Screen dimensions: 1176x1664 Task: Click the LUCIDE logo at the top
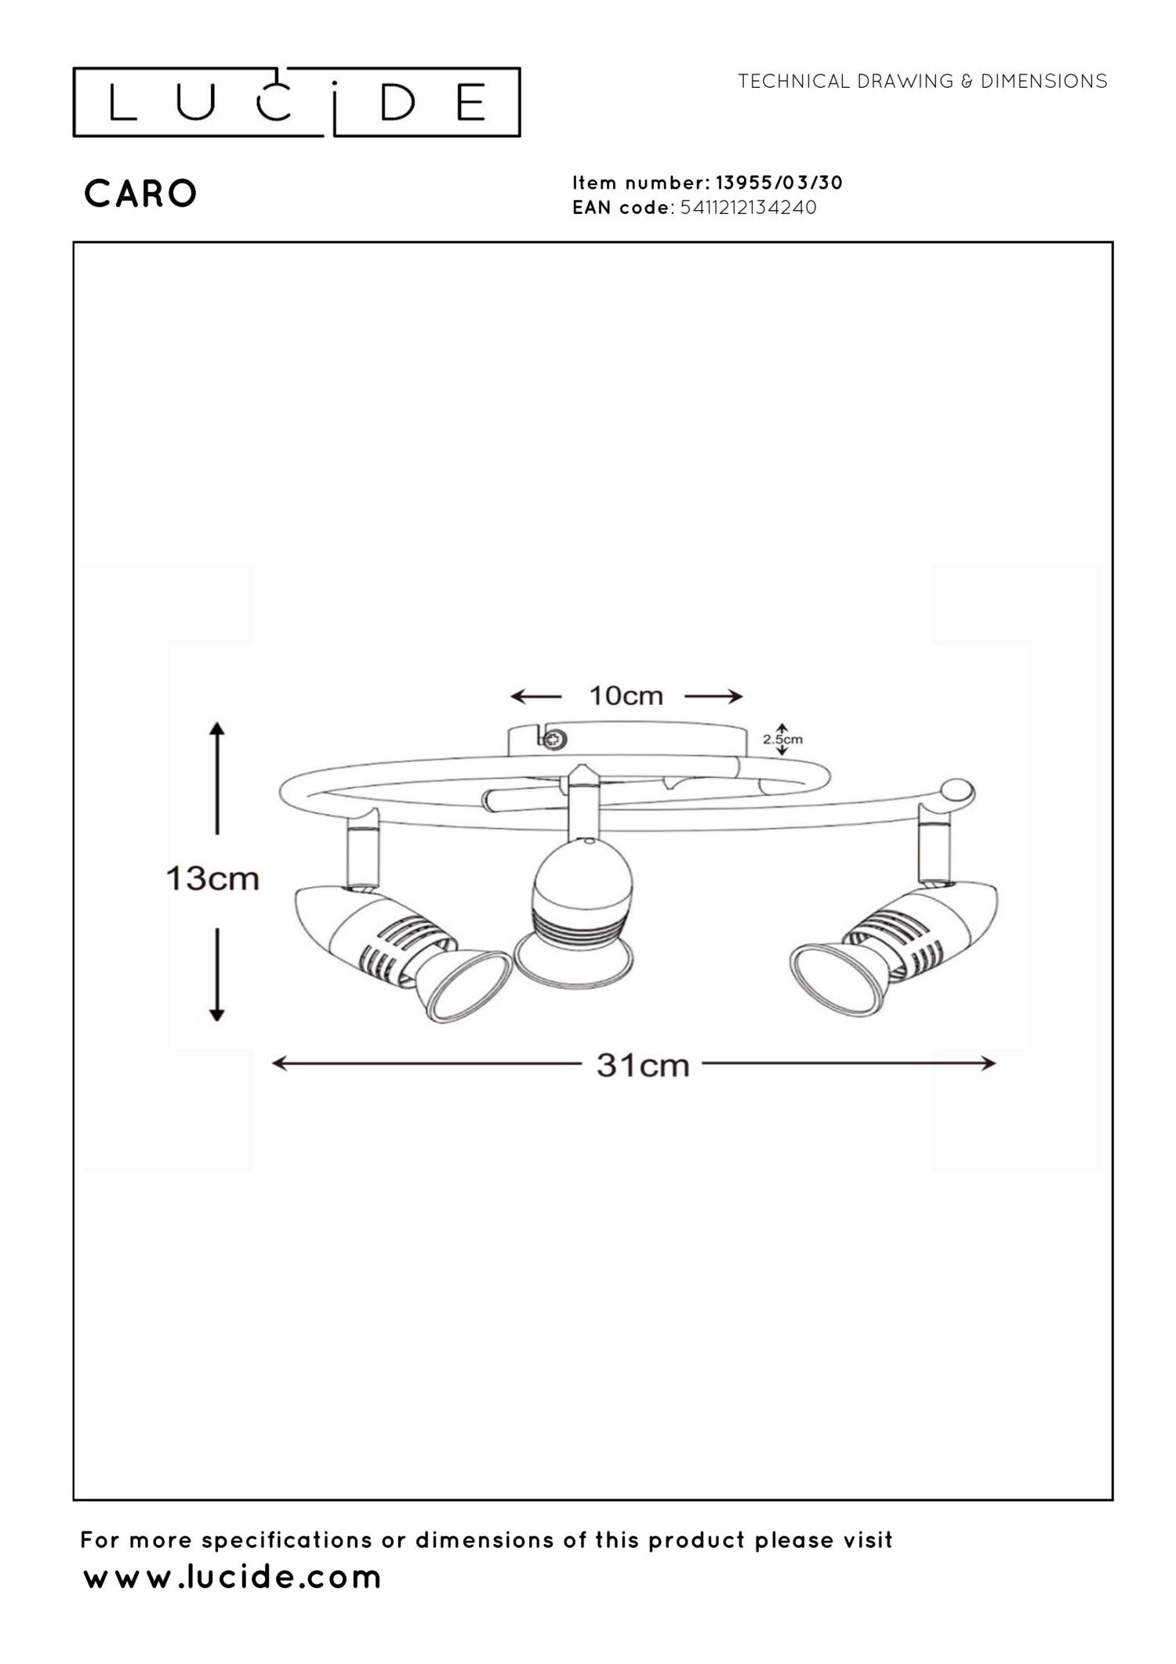click(296, 102)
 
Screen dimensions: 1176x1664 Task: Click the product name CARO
click(140, 194)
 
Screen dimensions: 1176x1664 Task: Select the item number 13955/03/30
click(779, 183)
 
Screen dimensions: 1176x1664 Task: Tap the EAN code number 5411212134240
click(749, 208)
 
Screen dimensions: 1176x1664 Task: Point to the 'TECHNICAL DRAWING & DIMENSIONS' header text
click(923, 82)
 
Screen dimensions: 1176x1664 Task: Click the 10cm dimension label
click(626, 696)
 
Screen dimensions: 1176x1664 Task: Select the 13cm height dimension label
click(212, 878)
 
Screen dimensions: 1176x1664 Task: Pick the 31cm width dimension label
click(643, 1065)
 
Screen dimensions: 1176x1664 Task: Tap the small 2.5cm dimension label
click(782, 739)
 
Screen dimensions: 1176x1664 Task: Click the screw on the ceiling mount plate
click(555, 739)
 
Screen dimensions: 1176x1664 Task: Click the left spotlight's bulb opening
click(463, 986)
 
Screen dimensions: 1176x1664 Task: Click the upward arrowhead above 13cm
click(217, 728)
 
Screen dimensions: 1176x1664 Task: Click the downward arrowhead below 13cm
click(217, 1014)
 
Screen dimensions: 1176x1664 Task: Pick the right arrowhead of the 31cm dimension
click(988, 1063)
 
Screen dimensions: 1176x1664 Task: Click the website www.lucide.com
click(232, 1577)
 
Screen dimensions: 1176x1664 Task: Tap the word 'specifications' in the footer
click(285, 1541)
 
